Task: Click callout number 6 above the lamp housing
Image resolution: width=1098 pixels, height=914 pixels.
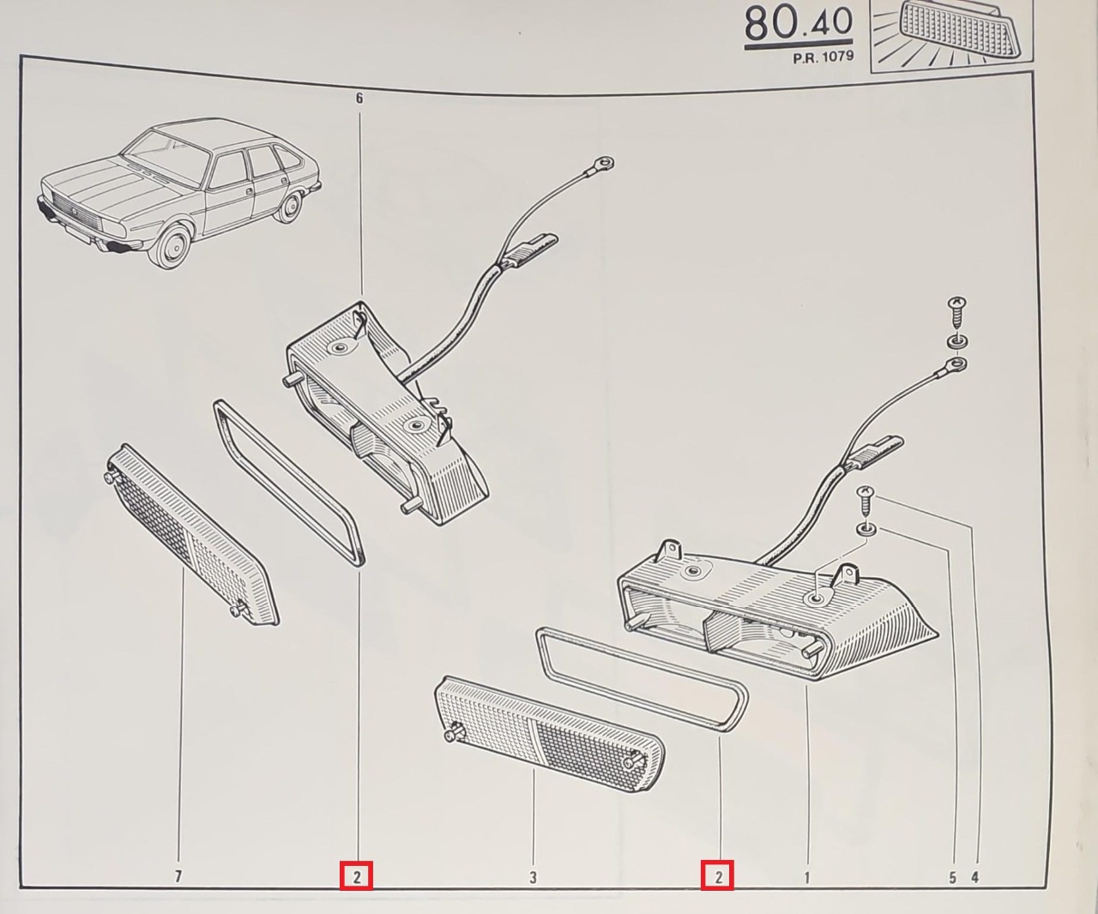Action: pyautogui.click(x=359, y=99)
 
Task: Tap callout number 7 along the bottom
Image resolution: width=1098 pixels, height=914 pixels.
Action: pyautogui.click(x=178, y=876)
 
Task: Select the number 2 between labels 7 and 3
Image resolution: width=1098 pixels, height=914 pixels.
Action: pyautogui.click(x=357, y=876)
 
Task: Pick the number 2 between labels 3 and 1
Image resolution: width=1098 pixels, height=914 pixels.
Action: pyautogui.click(x=718, y=876)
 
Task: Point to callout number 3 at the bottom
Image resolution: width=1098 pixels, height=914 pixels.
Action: pyautogui.click(x=533, y=877)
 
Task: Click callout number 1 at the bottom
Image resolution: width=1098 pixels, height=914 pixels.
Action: pyautogui.click(x=806, y=876)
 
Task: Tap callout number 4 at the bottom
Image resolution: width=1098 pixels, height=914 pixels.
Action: pyautogui.click(x=975, y=877)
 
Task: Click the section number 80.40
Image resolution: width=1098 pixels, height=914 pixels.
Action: pyautogui.click(x=799, y=24)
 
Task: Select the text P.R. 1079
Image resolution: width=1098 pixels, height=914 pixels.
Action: pyautogui.click(x=823, y=57)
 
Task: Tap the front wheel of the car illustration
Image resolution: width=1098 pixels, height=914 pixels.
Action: pyautogui.click(x=172, y=247)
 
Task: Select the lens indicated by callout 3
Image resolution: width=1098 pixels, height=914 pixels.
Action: pyautogui.click(x=550, y=734)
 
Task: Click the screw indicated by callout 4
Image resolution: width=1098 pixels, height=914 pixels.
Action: pyautogui.click(x=865, y=501)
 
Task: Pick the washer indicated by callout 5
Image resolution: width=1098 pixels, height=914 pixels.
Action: pyautogui.click(x=866, y=529)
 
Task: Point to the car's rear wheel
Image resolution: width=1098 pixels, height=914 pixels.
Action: pyautogui.click(x=291, y=207)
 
